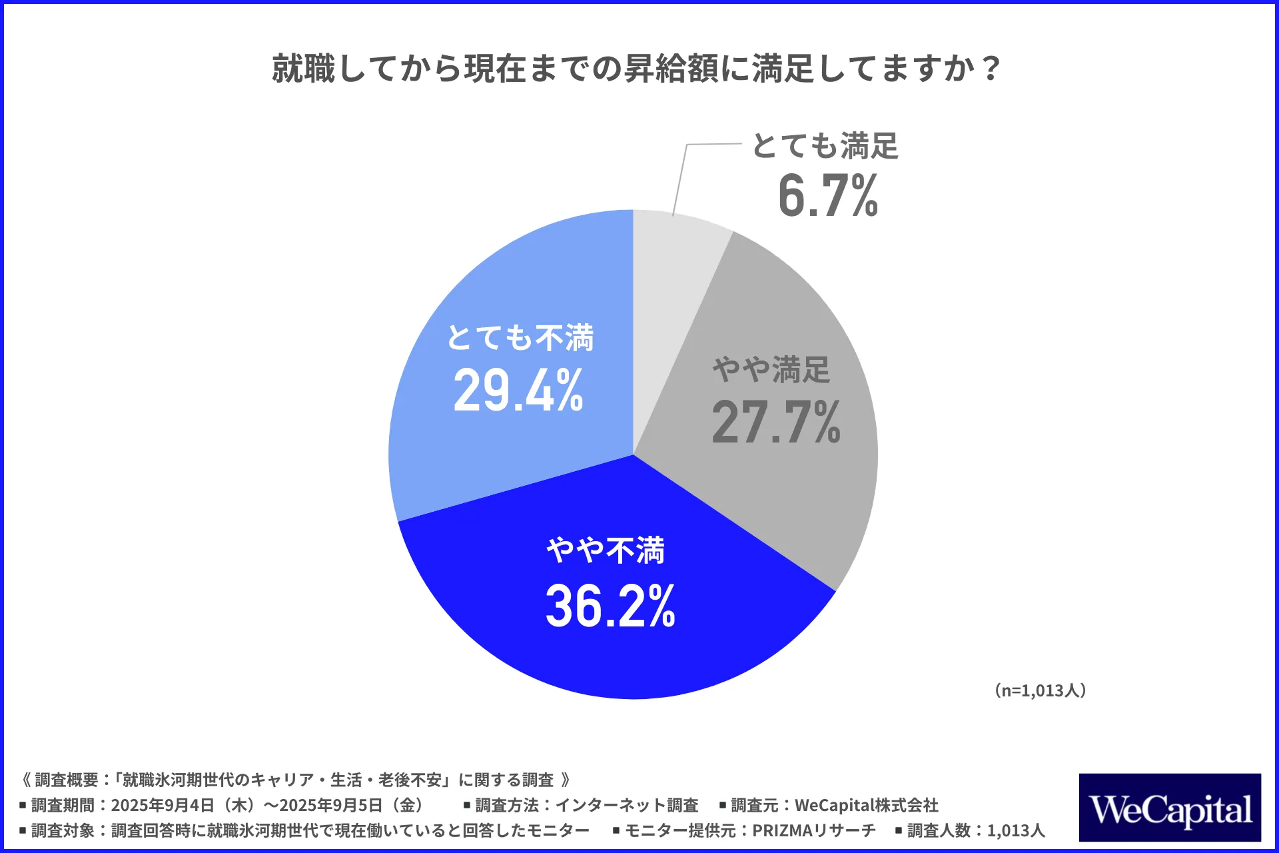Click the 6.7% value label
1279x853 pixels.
click(828, 196)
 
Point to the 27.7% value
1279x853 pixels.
click(776, 423)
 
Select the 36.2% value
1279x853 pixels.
click(610, 606)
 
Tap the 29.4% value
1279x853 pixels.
click(518, 391)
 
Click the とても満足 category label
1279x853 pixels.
click(825, 146)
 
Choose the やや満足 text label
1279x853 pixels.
click(771, 369)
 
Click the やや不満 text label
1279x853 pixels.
click(606, 551)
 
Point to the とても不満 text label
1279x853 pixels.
click(520, 338)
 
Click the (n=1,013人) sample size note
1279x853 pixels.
click(1041, 690)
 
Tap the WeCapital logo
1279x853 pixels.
click(1170, 808)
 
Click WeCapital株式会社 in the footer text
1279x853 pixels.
click(866, 805)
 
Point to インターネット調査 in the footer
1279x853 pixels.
click(626, 805)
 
